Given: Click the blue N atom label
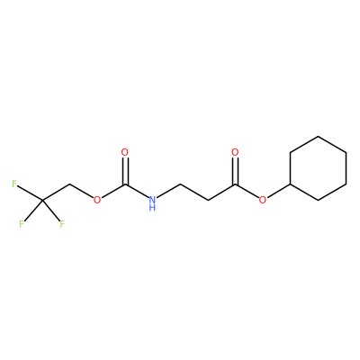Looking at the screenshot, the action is tap(152, 199).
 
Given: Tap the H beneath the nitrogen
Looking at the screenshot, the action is tap(152, 207).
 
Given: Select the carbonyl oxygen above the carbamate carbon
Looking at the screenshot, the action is tap(125, 152).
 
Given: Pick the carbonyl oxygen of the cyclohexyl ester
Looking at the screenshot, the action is tap(235, 152).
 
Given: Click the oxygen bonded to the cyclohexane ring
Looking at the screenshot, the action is tap(263, 199).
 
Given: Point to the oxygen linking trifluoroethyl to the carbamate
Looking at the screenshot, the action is tap(97, 199).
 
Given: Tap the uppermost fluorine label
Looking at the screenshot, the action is tap(14, 184).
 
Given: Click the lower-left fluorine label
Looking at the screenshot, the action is tap(22, 224).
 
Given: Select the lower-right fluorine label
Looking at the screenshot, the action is tap(62, 224).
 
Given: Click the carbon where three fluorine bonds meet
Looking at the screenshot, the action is tap(42, 200).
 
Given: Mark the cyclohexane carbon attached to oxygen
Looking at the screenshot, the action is tap(290, 184).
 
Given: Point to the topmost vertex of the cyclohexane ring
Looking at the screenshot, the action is tap(318, 137).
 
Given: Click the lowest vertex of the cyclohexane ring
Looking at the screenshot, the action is tap(318, 200).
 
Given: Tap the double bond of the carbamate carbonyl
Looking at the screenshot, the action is tap(125, 170).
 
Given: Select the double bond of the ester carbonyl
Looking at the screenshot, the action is tap(235, 170).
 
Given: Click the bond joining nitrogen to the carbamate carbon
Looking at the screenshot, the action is tap(137, 191).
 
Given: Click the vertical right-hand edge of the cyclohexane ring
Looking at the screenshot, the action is tap(346, 168).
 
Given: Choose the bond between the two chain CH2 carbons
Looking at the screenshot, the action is tap(193, 192).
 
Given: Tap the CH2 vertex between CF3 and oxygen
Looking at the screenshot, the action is tap(69, 184).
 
